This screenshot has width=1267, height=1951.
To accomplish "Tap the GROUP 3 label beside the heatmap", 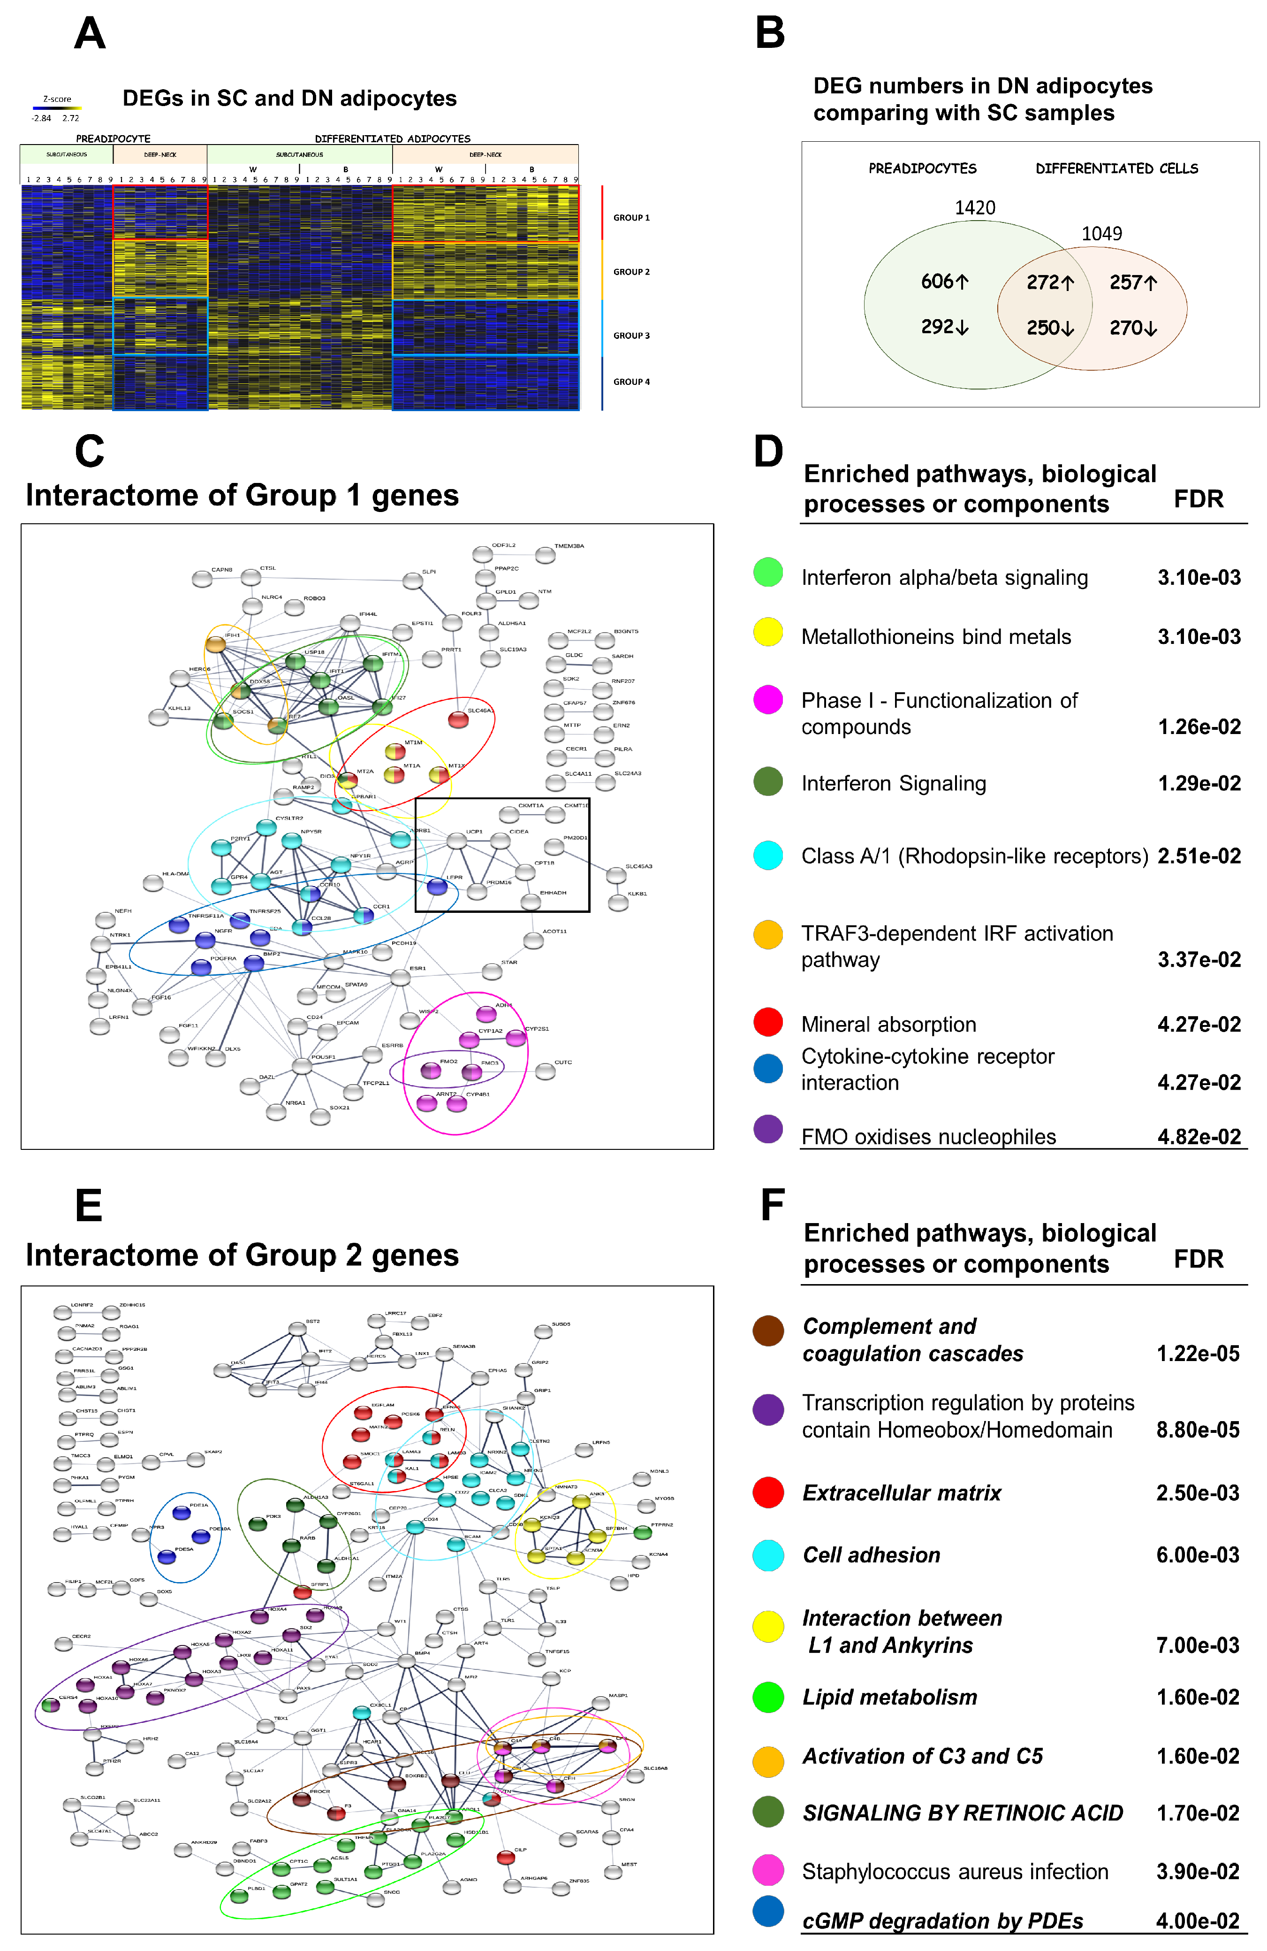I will [631, 335].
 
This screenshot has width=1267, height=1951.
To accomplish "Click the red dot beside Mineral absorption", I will [768, 1021].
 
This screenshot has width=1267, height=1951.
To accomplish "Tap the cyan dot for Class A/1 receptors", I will [768, 855].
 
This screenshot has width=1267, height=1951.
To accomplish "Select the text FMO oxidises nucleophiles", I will [928, 1137].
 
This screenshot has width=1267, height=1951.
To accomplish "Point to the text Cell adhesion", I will [871, 1555].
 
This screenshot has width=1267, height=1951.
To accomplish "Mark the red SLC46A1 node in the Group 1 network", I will [458, 720].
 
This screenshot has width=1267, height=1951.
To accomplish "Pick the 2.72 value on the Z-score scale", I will [70, 118].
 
